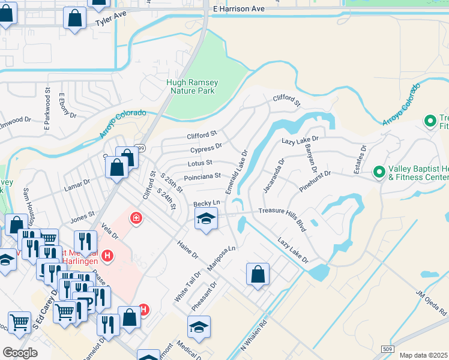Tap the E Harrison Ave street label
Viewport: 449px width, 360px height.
click(x=238, y=10)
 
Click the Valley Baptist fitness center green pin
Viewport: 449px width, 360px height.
click(x=379, y=172)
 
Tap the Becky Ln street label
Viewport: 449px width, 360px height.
click(x=207, y=204)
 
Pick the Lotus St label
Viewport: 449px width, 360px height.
click(x=200, y=163)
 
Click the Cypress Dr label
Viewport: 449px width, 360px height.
click(x=206, y=148)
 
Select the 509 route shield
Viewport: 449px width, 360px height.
click(x=388, y=349)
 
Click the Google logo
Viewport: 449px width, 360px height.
click(x=20, y=352)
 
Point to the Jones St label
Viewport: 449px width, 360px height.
click(x=83, y=214)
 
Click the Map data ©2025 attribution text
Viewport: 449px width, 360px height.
click(x=423, y=355)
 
